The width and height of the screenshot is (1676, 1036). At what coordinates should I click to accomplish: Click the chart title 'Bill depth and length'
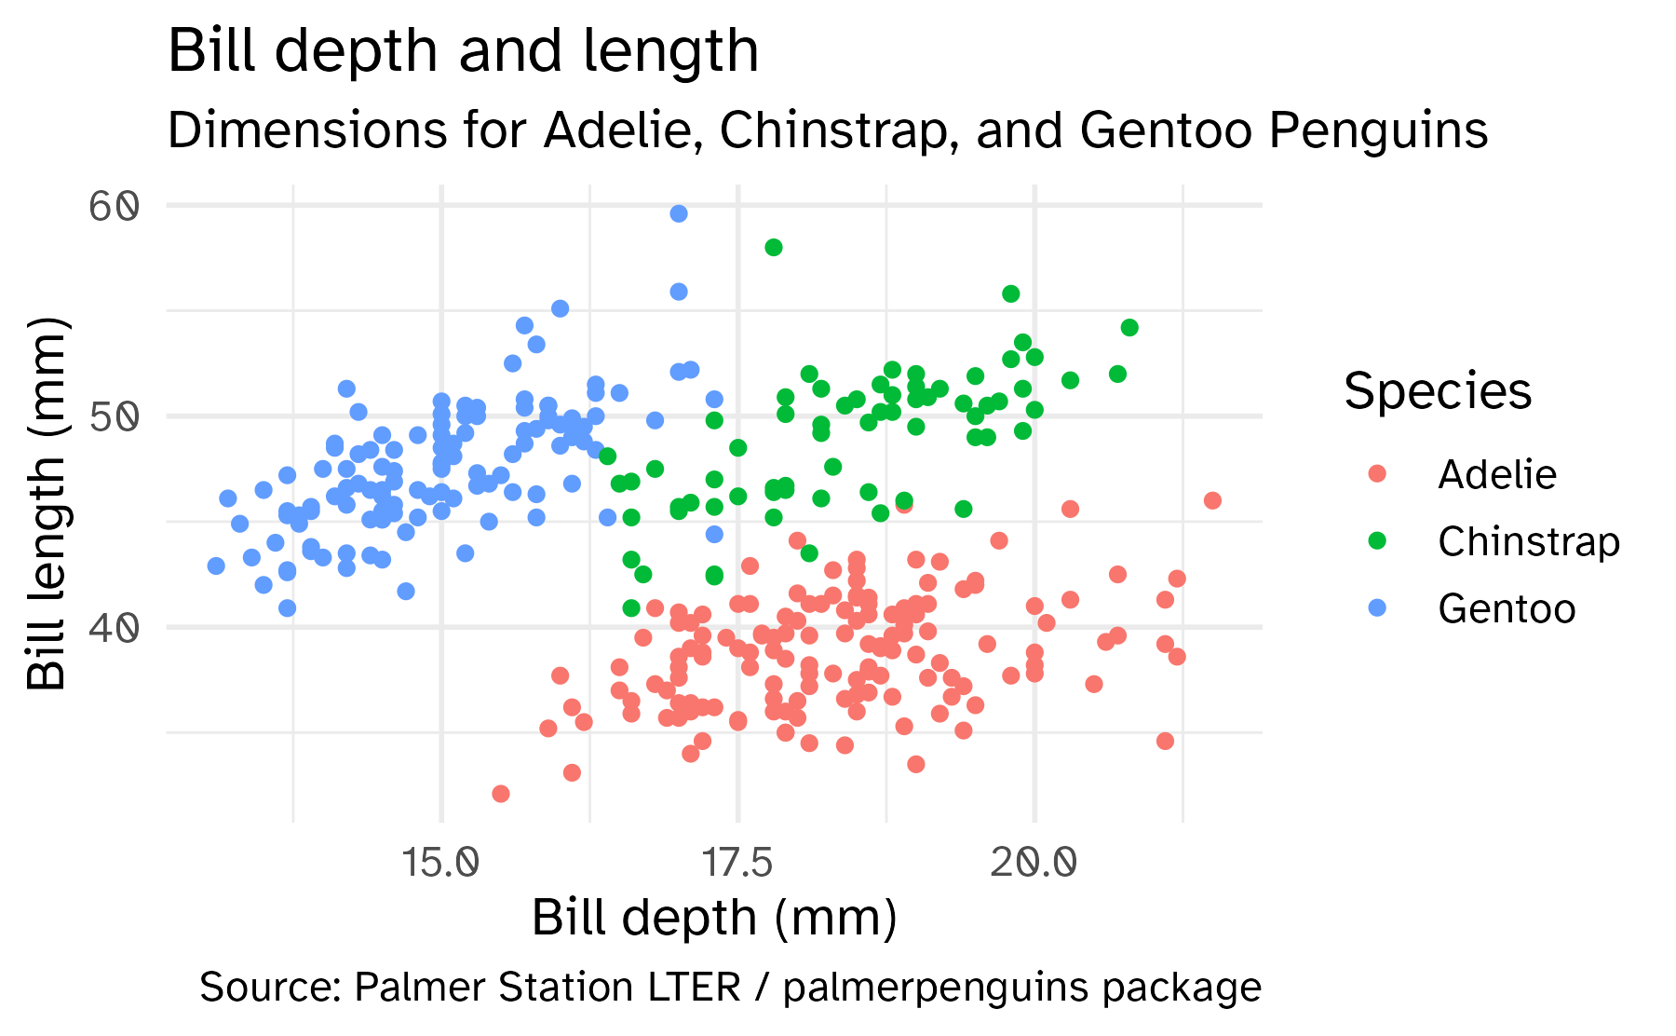coord(463,50)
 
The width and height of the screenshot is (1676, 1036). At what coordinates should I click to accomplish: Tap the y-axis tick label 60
coord(115,206)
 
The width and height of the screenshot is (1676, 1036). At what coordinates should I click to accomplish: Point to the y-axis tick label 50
coord(115,416)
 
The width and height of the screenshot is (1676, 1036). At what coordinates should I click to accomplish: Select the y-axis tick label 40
coord(115,627)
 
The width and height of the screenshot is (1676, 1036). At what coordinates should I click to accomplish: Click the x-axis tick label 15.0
coord(440,864)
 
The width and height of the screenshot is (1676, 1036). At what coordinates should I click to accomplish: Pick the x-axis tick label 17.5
coord(737,864)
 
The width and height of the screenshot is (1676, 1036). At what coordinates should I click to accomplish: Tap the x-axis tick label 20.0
coord(1034,864)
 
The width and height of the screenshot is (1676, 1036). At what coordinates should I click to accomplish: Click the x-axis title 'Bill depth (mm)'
coord(714,918)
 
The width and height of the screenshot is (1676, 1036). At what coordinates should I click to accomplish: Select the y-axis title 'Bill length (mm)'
coord(47,504)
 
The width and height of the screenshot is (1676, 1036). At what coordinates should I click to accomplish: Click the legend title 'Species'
coord(1438,391)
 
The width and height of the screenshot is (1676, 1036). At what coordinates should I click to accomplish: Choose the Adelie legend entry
coord(1496,475)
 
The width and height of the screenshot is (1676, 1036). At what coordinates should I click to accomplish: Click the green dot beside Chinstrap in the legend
coord(1377,541)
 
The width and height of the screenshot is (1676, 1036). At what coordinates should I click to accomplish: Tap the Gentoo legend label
coord(1506,609)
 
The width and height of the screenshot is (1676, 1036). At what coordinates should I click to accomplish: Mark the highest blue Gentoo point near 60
coord(679,213)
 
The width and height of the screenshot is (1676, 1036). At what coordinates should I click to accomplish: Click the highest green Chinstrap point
coord(774,247)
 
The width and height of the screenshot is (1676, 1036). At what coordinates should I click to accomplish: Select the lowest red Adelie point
coord(501,794)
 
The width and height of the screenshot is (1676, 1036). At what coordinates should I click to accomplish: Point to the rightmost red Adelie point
coord(1212,500)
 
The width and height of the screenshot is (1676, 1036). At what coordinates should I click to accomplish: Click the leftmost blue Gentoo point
coord(216,566)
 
